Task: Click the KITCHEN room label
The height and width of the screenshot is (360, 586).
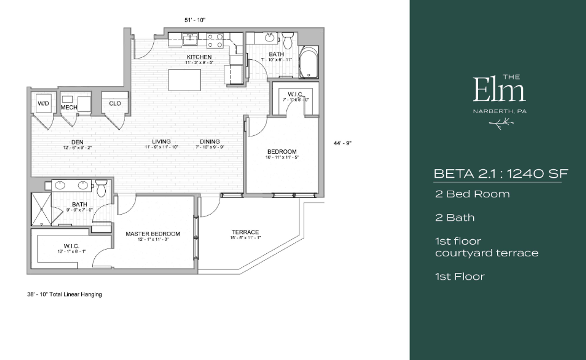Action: click(x=199, y=57)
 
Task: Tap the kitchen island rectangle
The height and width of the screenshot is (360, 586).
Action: click(x=184, y=80)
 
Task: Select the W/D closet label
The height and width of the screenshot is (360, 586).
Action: click(x=43, y=103)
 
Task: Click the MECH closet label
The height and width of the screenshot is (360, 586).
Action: click(x=69, y=107)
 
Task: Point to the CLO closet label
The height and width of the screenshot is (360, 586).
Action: click(x=115, y=103)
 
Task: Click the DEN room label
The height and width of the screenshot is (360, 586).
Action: click(x=77, y=142)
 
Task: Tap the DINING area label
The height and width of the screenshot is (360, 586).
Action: click(x=210, y=142)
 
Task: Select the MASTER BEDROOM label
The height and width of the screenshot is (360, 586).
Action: click(x=153, y=234)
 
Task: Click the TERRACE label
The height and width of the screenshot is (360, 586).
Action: click(x=245, y=232)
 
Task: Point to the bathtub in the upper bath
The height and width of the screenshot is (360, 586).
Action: click(x=309, y=63)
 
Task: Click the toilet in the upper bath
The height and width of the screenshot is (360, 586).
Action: click(x=288, y=40)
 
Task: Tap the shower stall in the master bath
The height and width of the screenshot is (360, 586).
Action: click(x=41, y=209)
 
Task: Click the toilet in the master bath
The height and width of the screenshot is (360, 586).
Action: click(x=101, y=188)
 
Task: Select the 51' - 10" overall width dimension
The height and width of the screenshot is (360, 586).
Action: click(x=195, y=20)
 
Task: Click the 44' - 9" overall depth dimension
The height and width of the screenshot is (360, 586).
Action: click(x=343, y=143)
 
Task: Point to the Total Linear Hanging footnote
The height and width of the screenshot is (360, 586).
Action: click(x=64, y=294)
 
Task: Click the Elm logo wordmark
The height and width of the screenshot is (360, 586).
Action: click(x=499, y=89)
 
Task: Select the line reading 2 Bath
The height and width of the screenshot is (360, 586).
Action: click(x=455, y=218)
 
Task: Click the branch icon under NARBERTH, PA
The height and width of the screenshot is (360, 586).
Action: click(x=501, y=124)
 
